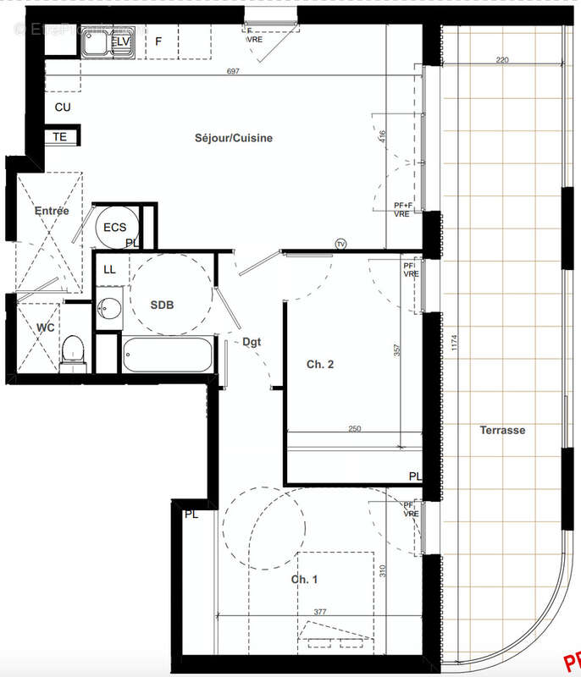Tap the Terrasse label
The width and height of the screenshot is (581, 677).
tap(502, 430)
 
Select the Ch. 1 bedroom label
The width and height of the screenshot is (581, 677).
tap(305, 579)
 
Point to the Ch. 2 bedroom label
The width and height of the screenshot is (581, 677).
tap(319, 365)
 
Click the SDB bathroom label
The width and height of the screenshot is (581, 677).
tap(162, 305)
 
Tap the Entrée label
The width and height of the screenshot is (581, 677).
tap(51, 211)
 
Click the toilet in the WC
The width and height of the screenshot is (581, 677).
tap(74, 352)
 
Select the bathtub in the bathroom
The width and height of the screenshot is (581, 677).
tap(166, 355)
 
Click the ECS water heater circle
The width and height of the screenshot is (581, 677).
tap(114, 228)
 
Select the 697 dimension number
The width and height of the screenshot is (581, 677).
tap(234, 72)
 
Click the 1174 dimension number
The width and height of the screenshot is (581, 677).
tap(454, 344)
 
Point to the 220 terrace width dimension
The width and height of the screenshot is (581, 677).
tap(502, 60)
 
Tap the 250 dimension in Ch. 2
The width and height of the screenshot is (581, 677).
tap(354, 429)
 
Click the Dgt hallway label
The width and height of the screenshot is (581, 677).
tap(252, 343)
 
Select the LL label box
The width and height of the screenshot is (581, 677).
tap(109, 269)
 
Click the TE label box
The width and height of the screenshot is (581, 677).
tap(60, 136)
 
